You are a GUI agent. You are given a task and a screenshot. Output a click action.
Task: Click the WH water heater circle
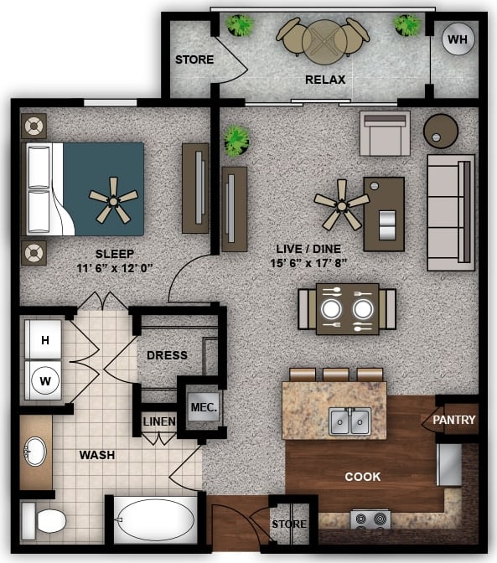(x=457, y=39)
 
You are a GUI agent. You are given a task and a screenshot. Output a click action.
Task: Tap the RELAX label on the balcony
(x=325, y=80)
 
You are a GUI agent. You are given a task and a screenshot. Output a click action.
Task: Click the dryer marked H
(x=46, y=340)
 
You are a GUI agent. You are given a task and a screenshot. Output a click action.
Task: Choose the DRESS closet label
(x=167, y=355)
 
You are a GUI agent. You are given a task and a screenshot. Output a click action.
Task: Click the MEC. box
(x=203, y=408)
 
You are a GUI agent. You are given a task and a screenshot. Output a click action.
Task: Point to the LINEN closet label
(x=158, y=421)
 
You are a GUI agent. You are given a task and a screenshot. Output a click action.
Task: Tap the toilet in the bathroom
(x=44, y=521)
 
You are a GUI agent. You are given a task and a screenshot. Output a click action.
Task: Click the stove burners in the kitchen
(x=369, y=519)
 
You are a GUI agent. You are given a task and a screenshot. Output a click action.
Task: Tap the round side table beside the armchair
(x=441, y=130)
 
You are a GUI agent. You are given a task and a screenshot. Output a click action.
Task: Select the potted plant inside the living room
(x=236, y=140)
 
